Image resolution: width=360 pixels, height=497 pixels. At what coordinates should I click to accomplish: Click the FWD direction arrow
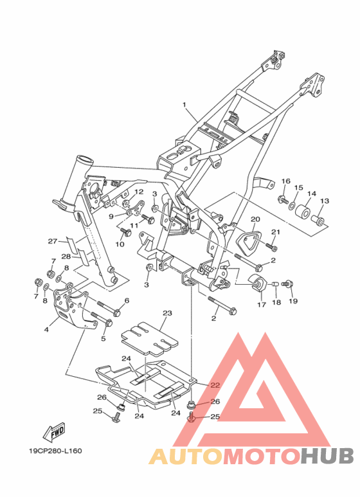54,432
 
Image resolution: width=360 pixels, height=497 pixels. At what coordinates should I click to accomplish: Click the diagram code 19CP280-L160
56,451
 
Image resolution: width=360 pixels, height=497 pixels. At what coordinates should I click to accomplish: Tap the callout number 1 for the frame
184,105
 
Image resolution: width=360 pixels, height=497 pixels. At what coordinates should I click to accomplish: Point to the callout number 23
167,313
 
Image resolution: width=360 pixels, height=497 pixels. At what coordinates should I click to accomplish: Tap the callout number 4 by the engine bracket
46,329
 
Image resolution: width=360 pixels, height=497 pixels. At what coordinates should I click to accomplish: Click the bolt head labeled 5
109,323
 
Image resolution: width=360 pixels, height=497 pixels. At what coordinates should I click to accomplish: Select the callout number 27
52,242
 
